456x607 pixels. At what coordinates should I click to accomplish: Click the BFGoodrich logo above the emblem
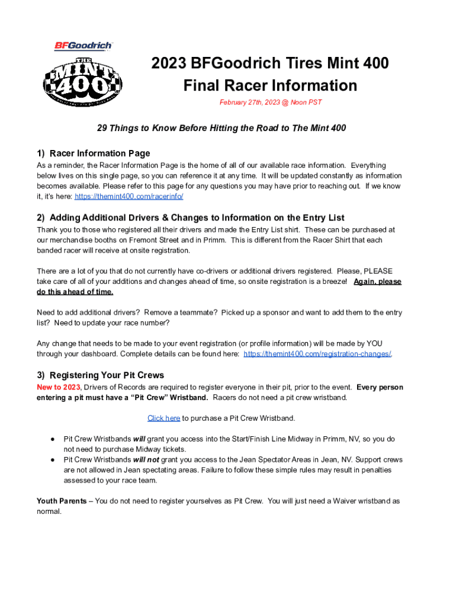point(84,46)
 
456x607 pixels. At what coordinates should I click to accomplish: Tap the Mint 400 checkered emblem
point(84,82)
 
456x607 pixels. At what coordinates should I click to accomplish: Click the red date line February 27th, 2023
point(271,103)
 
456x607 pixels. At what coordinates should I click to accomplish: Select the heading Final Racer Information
point(270,85)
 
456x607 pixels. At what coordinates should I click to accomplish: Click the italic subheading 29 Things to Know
point(221,127)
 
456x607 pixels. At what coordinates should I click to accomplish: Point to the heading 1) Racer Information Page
point(94,154)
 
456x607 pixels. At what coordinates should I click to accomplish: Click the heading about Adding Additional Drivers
point(191,218)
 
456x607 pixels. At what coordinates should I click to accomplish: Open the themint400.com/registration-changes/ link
point(317,354)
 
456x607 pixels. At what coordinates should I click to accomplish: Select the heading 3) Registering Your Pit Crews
point(100,375)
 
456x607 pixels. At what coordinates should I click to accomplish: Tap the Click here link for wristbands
point(163,418)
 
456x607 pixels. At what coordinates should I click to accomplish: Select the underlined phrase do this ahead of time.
point(75,292)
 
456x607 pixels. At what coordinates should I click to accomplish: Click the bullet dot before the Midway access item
point(53,439)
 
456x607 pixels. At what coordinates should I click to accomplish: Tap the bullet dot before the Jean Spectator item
point(53,459)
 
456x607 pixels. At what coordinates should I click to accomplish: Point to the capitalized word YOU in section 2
point(373,343)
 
